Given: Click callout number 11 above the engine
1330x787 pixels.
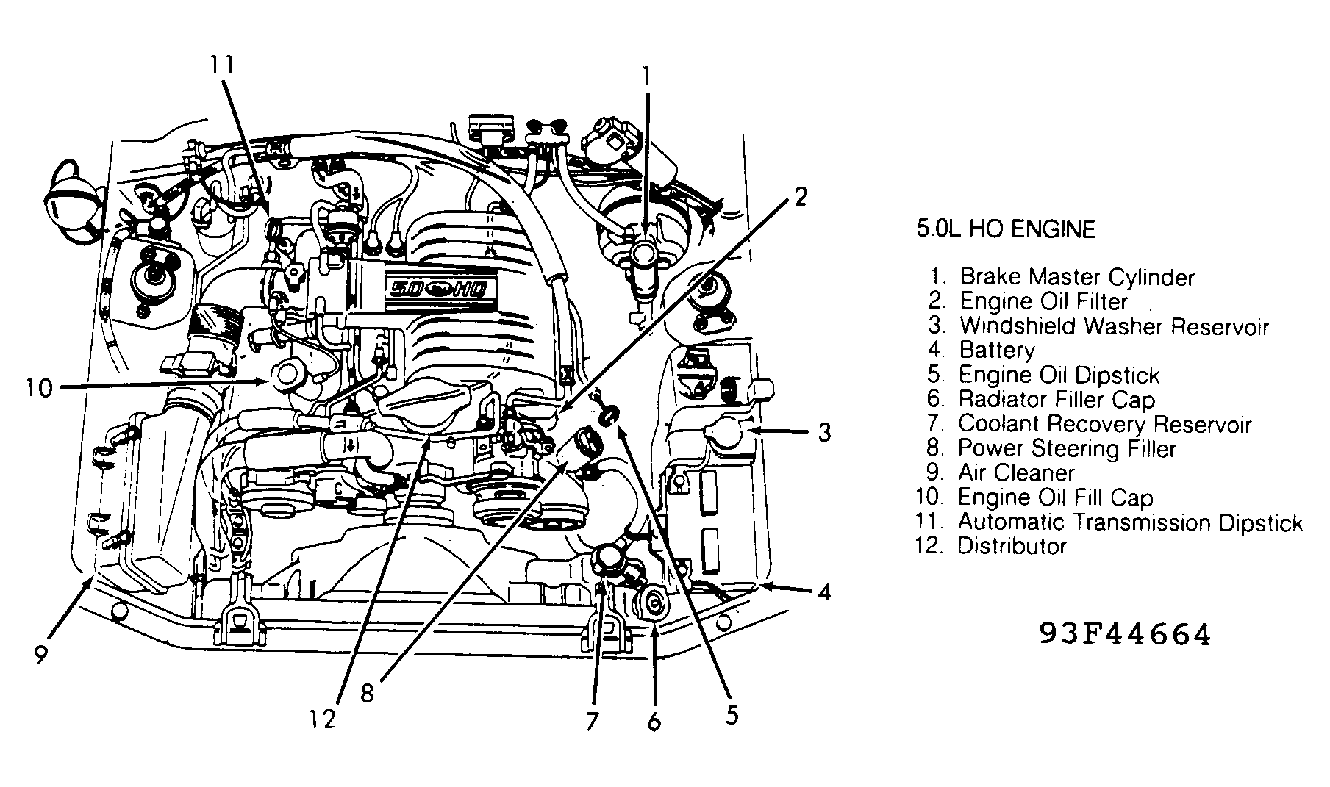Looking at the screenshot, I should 221,65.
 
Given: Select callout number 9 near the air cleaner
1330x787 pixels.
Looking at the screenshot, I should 41,653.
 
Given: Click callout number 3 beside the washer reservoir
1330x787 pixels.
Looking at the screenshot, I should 824,432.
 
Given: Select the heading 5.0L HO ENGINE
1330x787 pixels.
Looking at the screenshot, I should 1005,230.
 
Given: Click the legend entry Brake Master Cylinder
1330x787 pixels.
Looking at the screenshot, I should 1076,277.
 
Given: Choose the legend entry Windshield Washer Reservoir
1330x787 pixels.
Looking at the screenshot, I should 1113,326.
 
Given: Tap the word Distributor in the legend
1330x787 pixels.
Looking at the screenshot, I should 1012,546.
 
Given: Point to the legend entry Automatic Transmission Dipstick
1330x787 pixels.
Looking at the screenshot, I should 1129,522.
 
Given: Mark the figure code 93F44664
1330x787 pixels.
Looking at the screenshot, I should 1124,634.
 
